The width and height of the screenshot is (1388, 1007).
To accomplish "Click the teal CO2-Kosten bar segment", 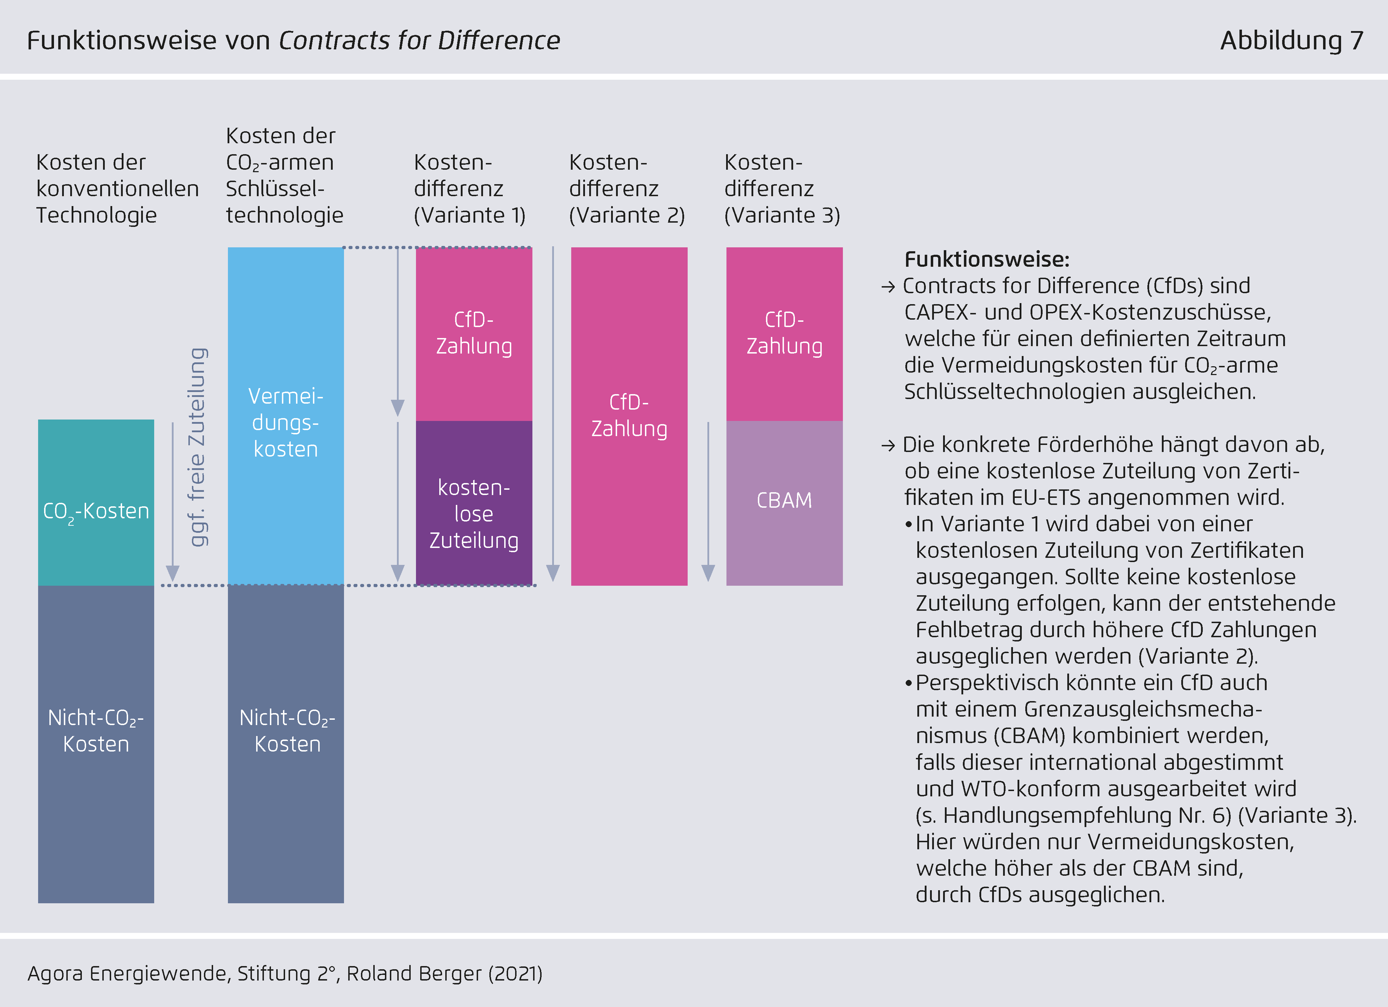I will [96, 502].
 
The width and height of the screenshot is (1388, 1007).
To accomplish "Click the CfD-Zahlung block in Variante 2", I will [629, 416].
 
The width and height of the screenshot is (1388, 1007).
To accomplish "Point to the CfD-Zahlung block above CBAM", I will [784, 334].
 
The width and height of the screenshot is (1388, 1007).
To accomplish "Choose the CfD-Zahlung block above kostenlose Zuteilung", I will [474, 334].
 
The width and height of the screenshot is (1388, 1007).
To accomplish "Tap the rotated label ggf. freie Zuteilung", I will [197, 447].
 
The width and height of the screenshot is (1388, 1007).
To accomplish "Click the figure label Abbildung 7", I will [1291, 41].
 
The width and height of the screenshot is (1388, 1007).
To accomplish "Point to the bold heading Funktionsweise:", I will [986, 260].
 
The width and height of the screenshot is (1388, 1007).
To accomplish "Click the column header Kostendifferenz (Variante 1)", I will [469, 188].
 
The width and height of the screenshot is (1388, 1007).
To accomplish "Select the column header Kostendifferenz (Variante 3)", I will [781, 188].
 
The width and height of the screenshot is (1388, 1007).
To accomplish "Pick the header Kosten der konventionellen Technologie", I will [117, 188].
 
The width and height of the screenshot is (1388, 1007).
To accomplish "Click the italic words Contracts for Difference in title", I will [419, 41].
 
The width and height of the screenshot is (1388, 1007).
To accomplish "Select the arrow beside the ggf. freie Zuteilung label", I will [173, 502].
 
